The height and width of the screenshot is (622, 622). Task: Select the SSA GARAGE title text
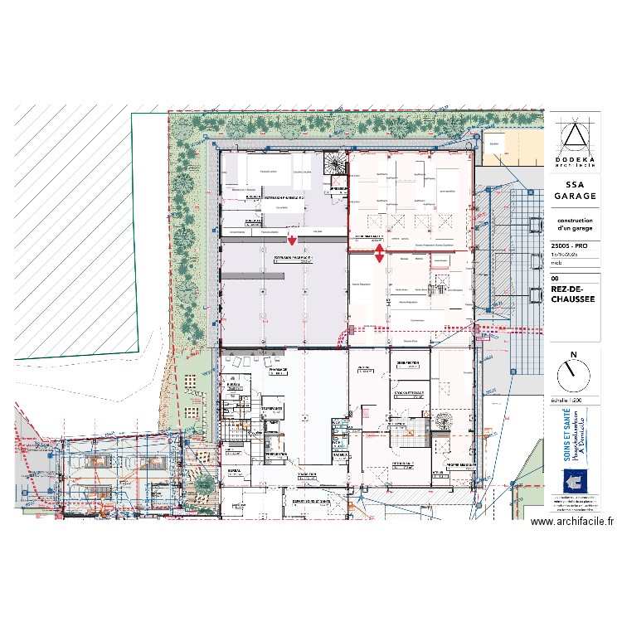(574, 190)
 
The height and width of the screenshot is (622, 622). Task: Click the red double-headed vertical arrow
(379, 253)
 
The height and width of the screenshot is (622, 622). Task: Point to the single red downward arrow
(292, 241)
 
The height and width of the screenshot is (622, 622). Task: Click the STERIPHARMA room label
(272, 409)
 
